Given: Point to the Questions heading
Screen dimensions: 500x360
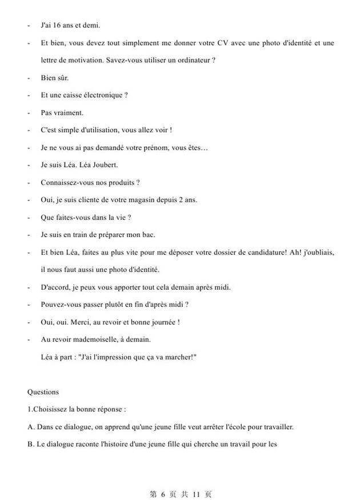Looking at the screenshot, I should tap(43, 392).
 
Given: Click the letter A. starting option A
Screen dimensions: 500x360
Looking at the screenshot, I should tap(31, 426).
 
